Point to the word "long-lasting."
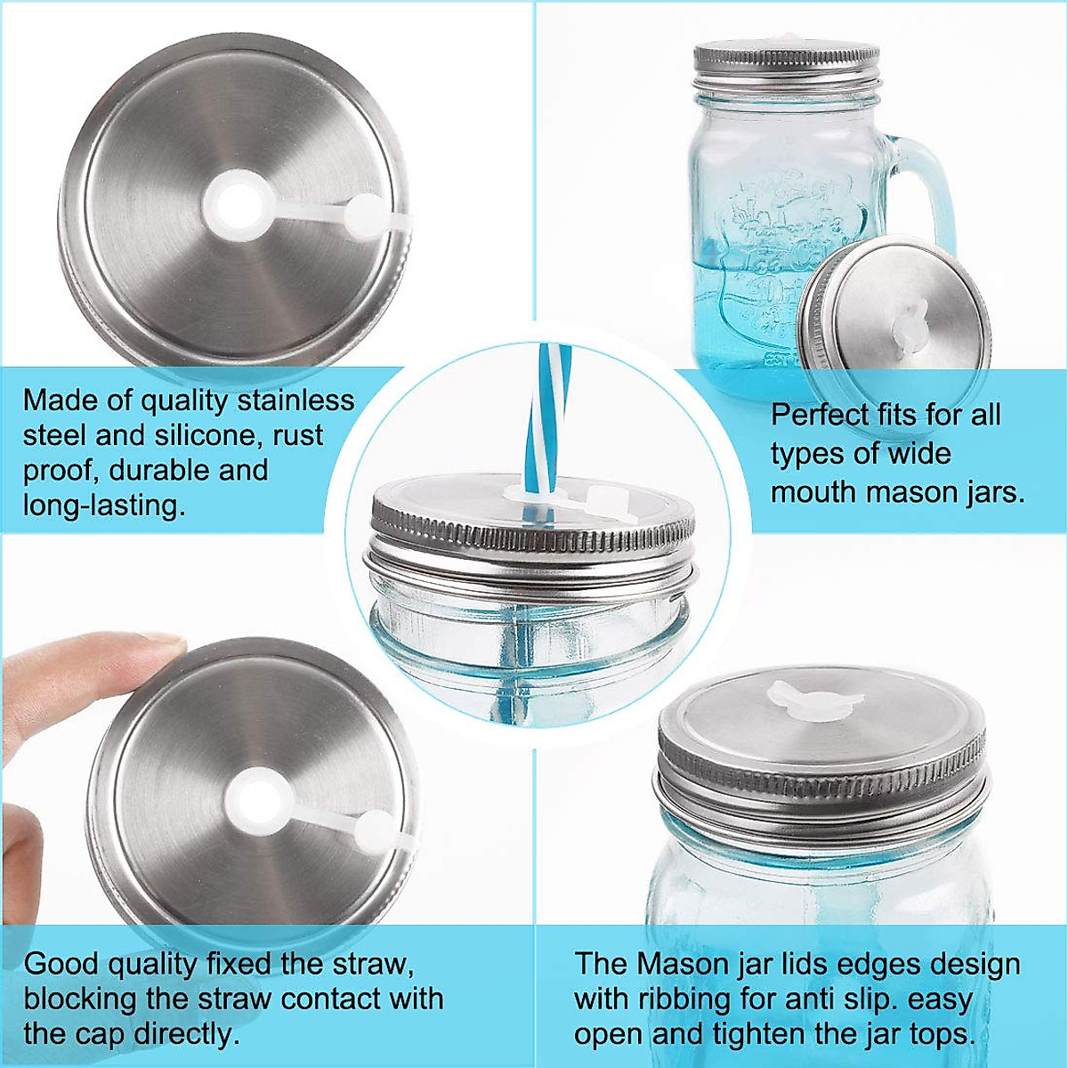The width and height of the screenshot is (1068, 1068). click(x=104, y=505)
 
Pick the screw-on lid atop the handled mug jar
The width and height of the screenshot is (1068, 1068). click(x=786, y=64)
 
